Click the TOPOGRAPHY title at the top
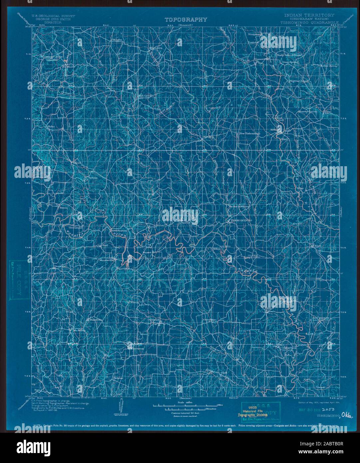186,20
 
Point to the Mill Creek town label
144,95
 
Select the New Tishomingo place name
250,134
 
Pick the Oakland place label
153,320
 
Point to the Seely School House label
289,55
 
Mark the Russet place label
147,252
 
